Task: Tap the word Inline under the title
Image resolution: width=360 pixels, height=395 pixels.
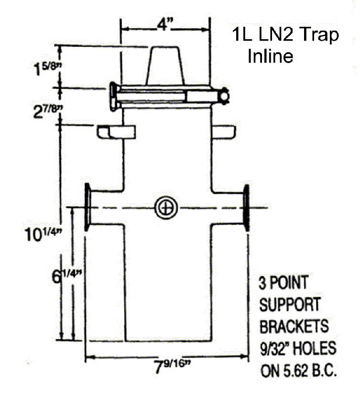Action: click(270, 56)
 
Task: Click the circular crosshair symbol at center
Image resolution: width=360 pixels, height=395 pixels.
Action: click(166, 208)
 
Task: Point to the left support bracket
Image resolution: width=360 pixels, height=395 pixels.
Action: click(116, 131)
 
